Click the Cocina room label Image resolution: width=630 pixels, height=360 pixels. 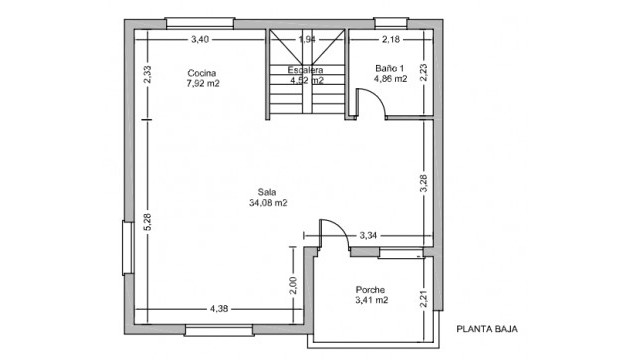tap(202, 73)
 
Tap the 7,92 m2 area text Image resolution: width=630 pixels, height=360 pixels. tap(202, 84)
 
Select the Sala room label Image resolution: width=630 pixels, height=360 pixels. tap(267, 192)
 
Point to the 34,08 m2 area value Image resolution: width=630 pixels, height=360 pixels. tap(267, 203)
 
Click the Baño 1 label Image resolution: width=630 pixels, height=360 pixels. tap(390, 68)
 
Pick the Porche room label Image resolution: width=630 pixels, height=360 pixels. tap(371, 290)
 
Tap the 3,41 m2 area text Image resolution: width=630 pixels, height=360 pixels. tap(371, 300)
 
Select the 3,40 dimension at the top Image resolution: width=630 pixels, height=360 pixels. tap(200, 39)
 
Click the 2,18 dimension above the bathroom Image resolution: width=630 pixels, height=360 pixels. tap(391, 39)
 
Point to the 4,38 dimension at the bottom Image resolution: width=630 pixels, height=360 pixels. tap(220, 309)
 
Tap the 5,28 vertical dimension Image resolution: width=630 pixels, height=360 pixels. tap(147, 223)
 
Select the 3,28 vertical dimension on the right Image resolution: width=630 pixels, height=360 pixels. tap(423, 182)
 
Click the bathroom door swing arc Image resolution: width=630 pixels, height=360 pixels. tap(370, 101)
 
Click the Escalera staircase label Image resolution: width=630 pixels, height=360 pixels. tap(305, 69)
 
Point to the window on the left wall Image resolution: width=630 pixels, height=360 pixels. tap(127, 247)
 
